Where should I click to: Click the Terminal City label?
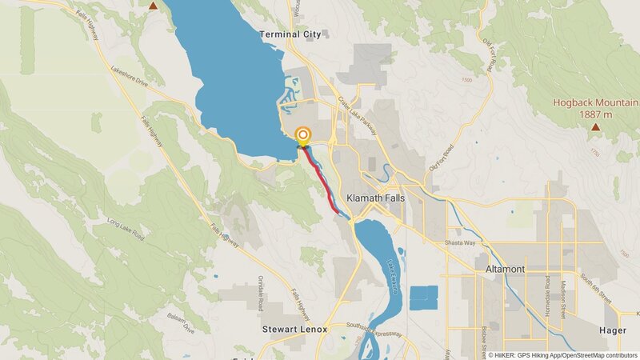click(x=290, y=34)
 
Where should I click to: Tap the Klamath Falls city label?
click(x=377, y=197)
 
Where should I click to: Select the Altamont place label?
click(x=505, y=270)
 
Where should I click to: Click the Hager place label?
click(x=613, y=330)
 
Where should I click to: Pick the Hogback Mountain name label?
click(x=595, y=102)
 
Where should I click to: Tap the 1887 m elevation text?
click(x=595, y=114)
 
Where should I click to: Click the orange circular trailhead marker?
click(x=302, y=136)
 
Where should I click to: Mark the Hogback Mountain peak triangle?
click(x=595, y=126)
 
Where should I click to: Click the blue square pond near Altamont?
click(x=424, y=298)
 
